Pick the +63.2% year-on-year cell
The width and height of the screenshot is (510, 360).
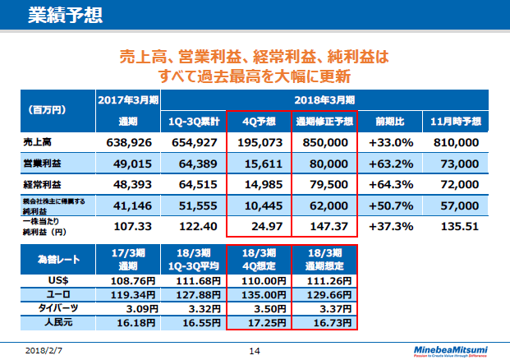pos(389,164)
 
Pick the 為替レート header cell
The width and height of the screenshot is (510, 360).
pos(52,259)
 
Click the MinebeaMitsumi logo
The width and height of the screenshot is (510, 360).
pos(453,349)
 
